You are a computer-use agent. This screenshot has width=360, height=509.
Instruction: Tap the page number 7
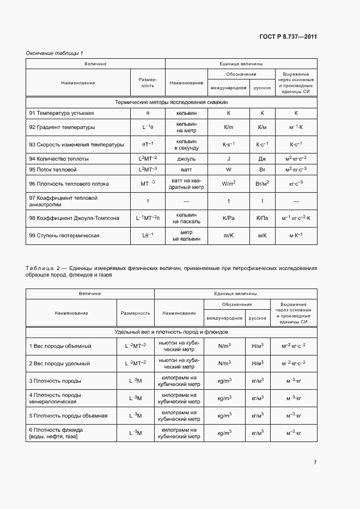tap(315, 463)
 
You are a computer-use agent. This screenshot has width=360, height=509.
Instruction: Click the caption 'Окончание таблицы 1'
tap(54, 53)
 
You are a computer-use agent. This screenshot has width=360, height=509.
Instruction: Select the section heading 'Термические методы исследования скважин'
tap(171, 102)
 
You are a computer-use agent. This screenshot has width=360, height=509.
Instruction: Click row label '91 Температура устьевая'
tap(62, 113)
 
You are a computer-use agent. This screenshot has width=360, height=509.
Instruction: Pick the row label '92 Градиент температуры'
tap(62, 127)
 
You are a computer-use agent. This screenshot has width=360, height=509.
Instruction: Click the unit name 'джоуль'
tap(186, 159)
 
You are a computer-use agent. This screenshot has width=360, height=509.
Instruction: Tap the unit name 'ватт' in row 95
tap(186, 170)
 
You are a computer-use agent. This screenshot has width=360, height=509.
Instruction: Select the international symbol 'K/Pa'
tap(228, 218)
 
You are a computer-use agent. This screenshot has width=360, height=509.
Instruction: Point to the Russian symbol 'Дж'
tap(262, 159)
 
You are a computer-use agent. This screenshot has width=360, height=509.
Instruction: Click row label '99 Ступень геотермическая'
tap(64, 236)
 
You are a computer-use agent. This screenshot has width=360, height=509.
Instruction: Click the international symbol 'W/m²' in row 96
tap(228, 184)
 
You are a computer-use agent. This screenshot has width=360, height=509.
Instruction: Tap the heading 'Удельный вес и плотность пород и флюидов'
tap(171, 332)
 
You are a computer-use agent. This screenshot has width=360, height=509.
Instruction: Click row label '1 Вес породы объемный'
tap(60, 346)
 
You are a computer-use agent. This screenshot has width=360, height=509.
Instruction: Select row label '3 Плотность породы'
tap(55, 381)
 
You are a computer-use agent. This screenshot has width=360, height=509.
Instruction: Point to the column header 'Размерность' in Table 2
tap(135, 313)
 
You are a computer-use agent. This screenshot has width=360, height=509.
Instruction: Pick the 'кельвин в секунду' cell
tap(186, 144)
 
